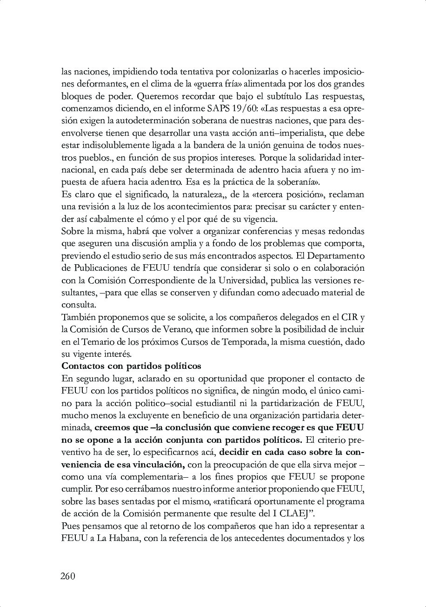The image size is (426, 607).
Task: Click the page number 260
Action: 67,576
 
